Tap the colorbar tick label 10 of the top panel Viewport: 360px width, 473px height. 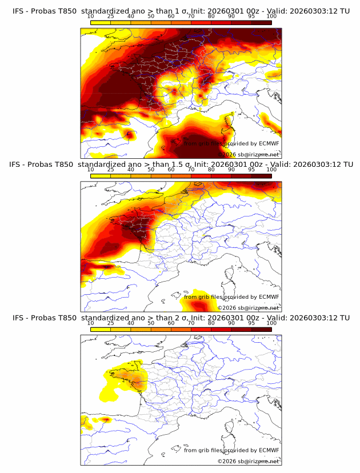pyautogui.click(x=90, y=17)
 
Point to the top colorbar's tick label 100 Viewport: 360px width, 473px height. pyautogui.click(x=271, y=17)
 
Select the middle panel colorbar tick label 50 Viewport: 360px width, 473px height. pyautogui.click(x=151, y=170)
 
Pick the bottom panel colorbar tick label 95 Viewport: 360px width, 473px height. pyautogui.click(x=251, y=323)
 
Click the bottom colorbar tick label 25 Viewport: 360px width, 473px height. pyautogui.click(x=110, y=323)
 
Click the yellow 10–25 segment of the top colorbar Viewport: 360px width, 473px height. pyautogui.click(x=100, y=22)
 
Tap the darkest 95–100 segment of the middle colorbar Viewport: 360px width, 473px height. pyautogui.click(x=261, y=175)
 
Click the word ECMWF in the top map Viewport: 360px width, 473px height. pyautogui.click(x=269, y=144)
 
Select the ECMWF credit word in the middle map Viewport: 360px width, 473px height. pyautogui.click(x=269, y=297)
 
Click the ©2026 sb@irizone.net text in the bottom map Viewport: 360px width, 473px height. pyautogui.click(x=248, y=461)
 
